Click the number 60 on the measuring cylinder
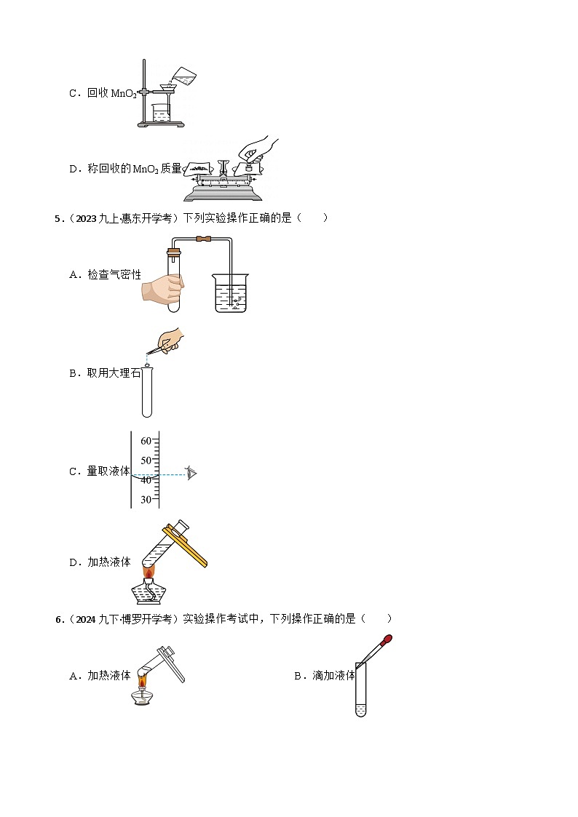146,441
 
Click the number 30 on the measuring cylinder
146,499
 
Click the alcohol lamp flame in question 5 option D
149,573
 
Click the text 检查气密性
114,274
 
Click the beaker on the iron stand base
161,113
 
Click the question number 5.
57,218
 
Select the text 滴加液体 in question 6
333,676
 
